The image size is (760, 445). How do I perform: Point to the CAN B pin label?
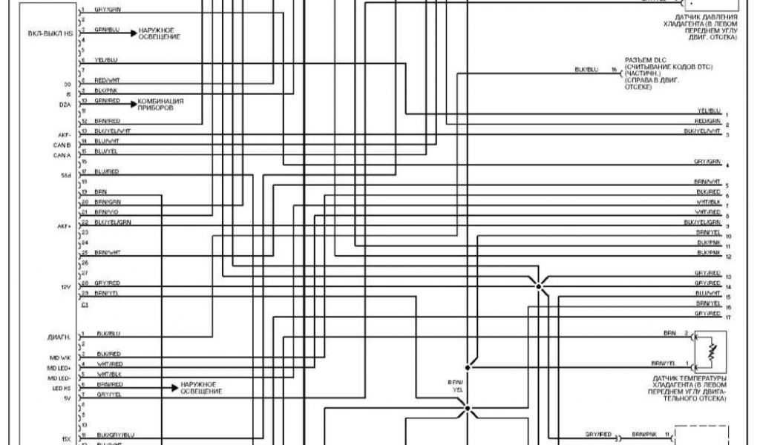(x=62, y=146)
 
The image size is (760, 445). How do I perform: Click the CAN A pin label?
(x=62, y=156)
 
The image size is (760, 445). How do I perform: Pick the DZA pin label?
(x=65, y=105)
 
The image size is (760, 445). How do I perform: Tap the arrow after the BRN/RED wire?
(x=173, y=386)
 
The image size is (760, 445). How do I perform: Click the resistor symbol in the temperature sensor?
(x=710, y=351)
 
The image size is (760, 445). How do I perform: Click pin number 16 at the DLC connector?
(x=614, y=70)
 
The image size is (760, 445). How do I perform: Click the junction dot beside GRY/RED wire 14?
(x=540, y=284)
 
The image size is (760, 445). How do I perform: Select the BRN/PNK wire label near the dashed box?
(x=643, y=432)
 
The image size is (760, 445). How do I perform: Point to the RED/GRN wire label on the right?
(x=708, y=120)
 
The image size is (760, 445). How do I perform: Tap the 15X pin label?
(x=67, y=438)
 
